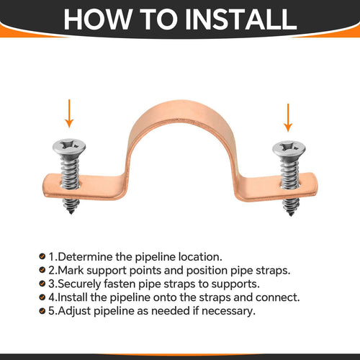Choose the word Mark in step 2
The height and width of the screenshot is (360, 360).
[72, 270]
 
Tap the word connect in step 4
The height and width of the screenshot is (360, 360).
[276, 296]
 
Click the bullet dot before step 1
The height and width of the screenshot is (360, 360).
[42, 256]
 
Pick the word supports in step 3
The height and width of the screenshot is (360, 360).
[235, 283]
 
